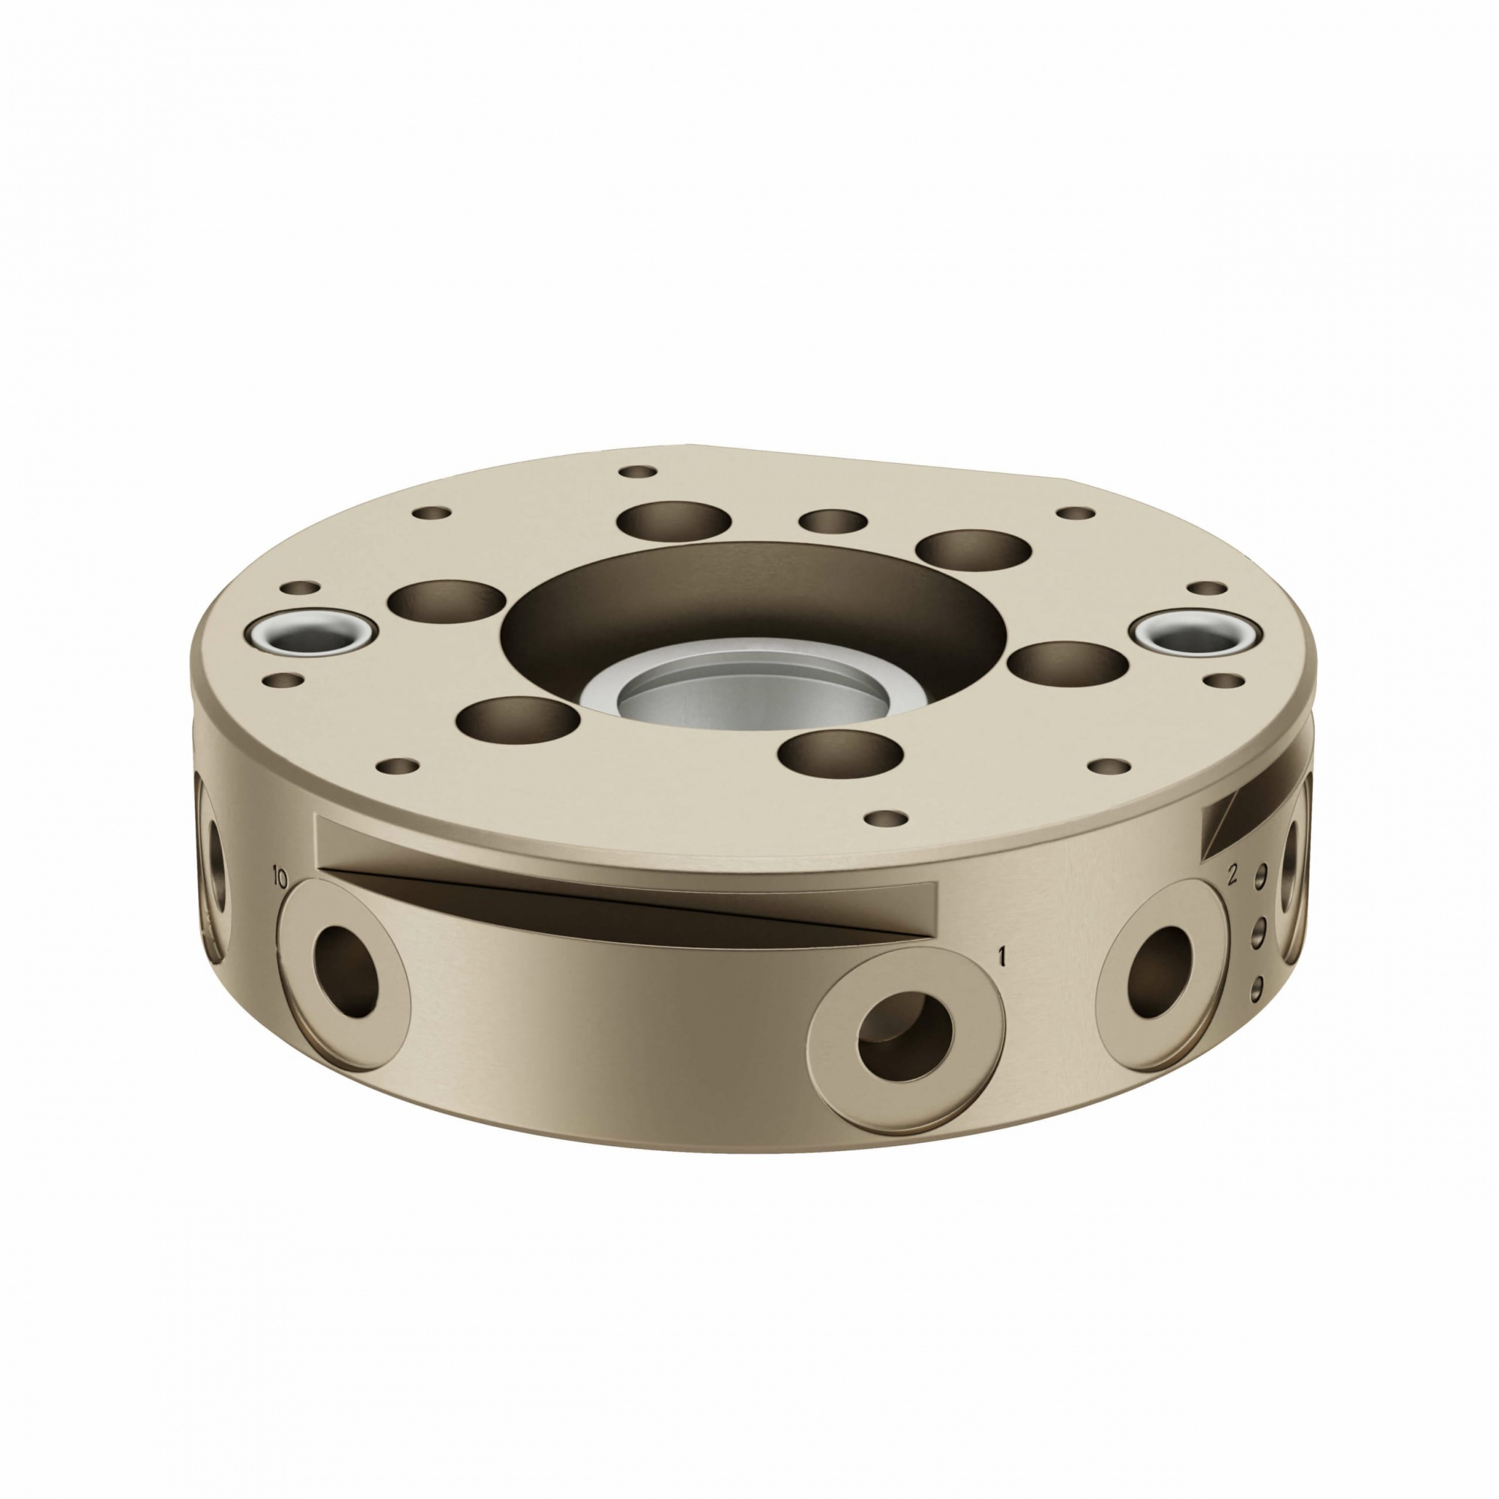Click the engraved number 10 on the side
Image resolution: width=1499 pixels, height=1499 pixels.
pos(280,878)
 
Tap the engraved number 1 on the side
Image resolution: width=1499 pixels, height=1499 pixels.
pos(1001,957)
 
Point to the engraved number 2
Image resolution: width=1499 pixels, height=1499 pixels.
pos(1231,875)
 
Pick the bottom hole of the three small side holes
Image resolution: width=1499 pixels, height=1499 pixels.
pos(1258,986)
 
